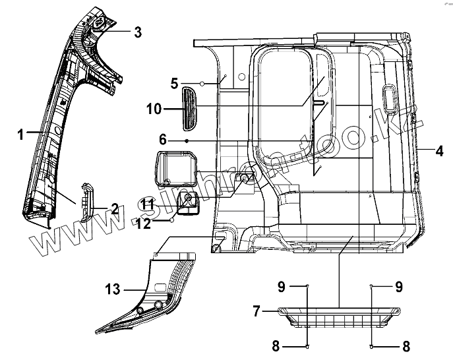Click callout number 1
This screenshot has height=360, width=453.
[22, 134]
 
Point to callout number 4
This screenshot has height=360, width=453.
[439, 150]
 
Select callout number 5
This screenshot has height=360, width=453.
[175, 84]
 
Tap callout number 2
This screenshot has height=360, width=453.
[114, 210]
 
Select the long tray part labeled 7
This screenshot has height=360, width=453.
[340, 315]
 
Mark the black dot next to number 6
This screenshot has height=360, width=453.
[187, 141]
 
